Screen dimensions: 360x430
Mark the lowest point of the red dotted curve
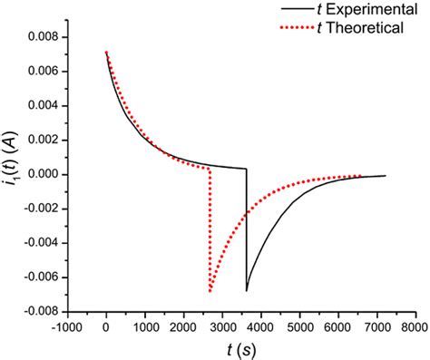click(210, 291)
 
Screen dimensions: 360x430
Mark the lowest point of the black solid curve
click(246, 291)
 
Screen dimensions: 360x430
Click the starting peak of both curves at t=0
click(107, 52)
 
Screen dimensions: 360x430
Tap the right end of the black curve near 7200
click(385, 176)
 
